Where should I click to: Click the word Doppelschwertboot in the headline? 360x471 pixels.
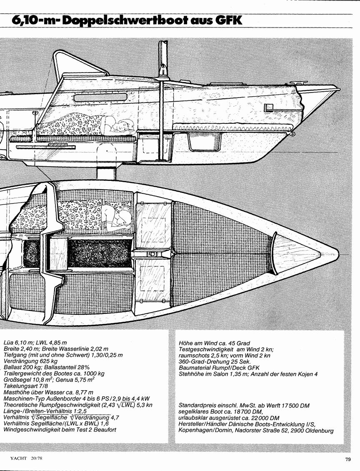pos(122,21)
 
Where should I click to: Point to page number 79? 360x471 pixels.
pos(347,459)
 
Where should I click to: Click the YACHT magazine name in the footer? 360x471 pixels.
pos(18,458)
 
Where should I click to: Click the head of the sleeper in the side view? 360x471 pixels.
pos(124,124)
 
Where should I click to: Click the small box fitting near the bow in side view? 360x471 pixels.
pos(267,107)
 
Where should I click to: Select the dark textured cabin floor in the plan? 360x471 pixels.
pos(100,254)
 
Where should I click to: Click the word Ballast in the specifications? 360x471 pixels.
pos(12,367)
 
